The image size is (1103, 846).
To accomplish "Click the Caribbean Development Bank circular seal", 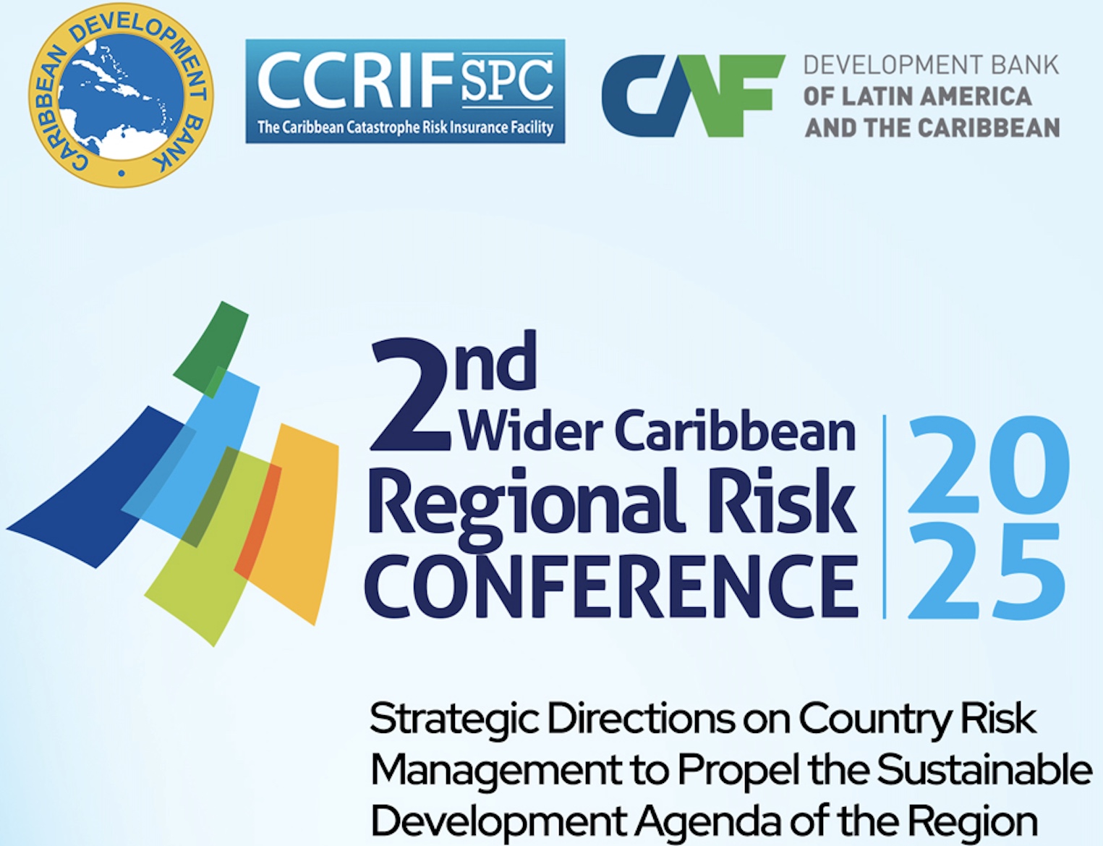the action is click(x=121, y=95).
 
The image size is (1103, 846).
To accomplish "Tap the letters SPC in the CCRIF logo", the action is click(x=507, y=80).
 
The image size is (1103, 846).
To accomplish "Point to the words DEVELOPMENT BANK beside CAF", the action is click(x=932, y=66).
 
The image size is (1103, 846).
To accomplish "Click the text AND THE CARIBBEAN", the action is click(x=932, y=127).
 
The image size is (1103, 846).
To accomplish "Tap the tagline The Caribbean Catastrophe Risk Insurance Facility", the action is click(x=405, y=127).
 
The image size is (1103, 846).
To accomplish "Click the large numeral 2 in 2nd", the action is click(x=410, y=396).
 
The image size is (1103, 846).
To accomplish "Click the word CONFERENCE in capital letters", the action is click(x=611, y=585).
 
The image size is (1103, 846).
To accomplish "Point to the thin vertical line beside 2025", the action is click(x=885, y=517).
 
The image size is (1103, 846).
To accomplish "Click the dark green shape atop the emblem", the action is click(x=210, y=350).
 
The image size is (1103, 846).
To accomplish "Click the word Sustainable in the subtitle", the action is click(x=984, y=770).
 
